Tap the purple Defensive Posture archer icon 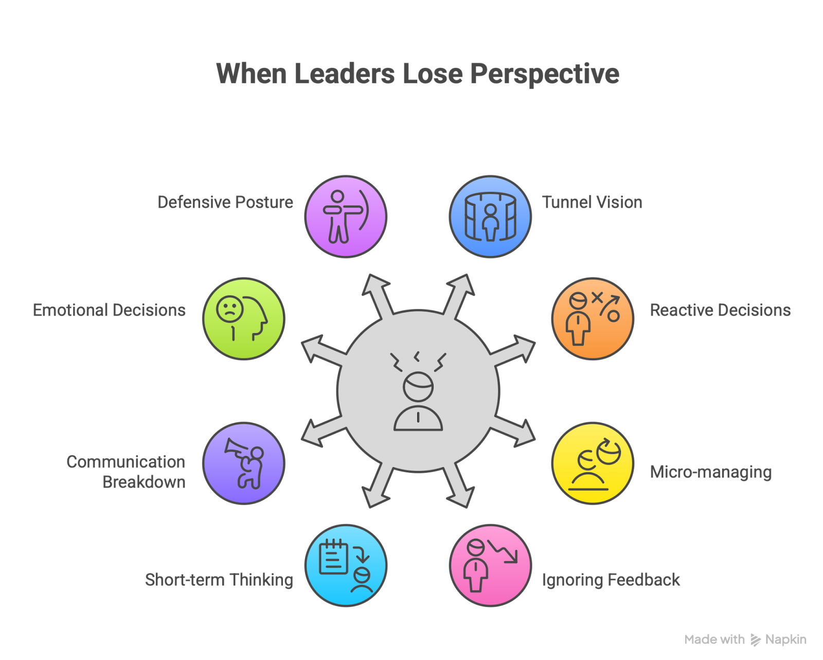[x=346, y=216]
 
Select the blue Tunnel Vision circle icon [x=490, y=216]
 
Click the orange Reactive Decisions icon [x=593, y=319]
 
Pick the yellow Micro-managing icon [x=593, y=463]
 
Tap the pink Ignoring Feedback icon [x=490, y=565]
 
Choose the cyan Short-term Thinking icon [x=346, y=565]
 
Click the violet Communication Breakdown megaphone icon [x=243, y=463]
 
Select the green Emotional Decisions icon [x=243, y=319]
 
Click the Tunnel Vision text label [x=592, y=203]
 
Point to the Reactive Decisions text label [x=720, y=310]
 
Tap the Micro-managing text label [x=711, y=472]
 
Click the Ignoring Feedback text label [x=611, y=580]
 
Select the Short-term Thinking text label [x=219, y=580]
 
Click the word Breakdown [x=144, y=482]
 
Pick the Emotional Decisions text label [x=109, y=310]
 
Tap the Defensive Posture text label [x=225, y=203]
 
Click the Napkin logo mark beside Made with [x=755, y=640]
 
